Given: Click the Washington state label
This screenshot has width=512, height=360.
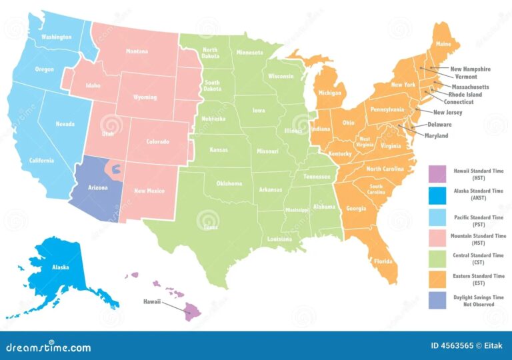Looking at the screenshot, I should pos(56,37).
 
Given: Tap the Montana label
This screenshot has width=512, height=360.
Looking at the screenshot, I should pos(137,51).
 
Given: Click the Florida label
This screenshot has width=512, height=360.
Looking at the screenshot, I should pos(383,261).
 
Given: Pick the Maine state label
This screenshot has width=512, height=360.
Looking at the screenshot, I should pos(443,45).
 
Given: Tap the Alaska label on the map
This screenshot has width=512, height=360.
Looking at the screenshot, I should pos(61,267).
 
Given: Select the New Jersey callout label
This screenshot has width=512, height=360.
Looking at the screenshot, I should pos(447,113).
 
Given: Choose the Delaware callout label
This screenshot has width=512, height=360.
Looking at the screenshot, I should pos(439,125).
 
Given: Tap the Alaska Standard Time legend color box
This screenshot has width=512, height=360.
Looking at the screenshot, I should pos(437,194).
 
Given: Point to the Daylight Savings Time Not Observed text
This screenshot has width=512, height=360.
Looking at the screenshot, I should pos(479,301).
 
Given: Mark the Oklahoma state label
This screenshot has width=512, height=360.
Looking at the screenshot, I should pos(229,183).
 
